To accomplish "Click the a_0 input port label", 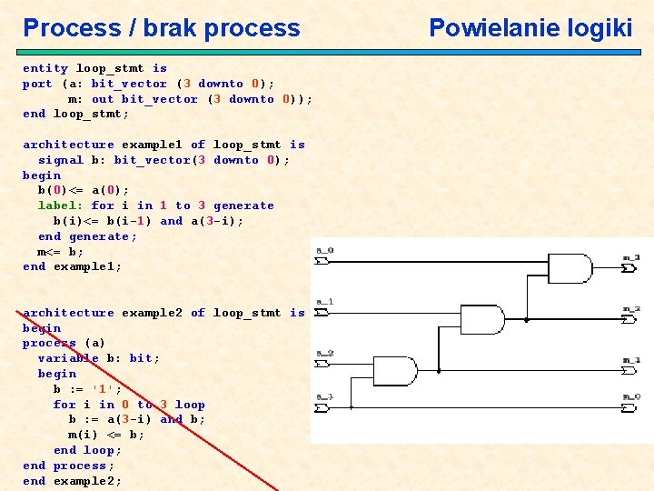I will pos(324,249).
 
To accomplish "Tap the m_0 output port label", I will pos(631,396).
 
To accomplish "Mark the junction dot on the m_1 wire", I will pos(438,371).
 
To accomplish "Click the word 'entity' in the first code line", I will pos(45,68).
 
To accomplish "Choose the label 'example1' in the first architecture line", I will pos(152,145).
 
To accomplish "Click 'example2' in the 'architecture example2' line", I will pos(152,313).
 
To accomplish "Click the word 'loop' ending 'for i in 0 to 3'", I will pos(190,405).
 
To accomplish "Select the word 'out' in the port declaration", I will pos(103,99).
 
